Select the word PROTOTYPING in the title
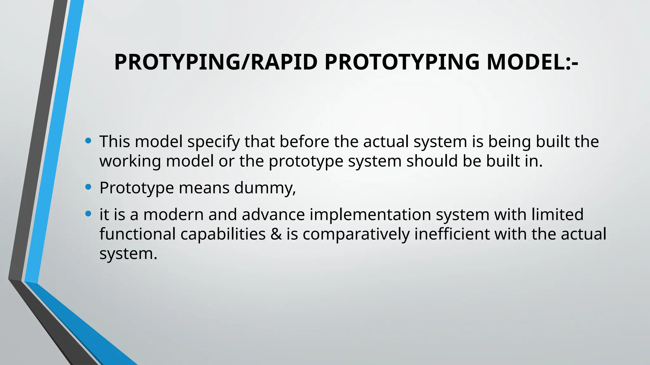pos(402,62)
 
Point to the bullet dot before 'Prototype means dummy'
pos(89,187)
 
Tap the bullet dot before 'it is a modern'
pos(89,214)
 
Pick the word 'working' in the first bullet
pos(130,161)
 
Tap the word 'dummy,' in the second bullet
pos(265,188)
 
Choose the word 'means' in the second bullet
pos(204,188)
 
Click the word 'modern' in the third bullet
pos(173,215)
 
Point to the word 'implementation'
pos(370,215)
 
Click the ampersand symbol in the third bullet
pos(276,234)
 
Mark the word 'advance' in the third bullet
pos(273,215)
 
